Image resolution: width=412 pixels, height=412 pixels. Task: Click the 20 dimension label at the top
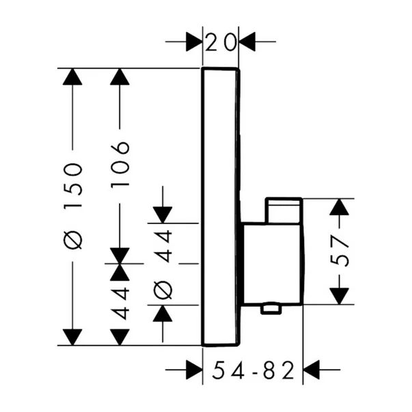point(221,42)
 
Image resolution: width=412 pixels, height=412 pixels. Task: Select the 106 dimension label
point(120,156)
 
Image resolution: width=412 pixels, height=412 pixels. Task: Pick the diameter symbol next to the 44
point(163,290)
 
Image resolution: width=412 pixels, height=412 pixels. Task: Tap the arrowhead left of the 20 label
point(193,42)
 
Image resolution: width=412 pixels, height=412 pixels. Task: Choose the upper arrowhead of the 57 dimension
point(340,208)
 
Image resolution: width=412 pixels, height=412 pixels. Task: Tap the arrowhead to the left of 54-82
point(193,372)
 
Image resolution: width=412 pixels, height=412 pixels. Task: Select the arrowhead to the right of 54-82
point(313,372)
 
